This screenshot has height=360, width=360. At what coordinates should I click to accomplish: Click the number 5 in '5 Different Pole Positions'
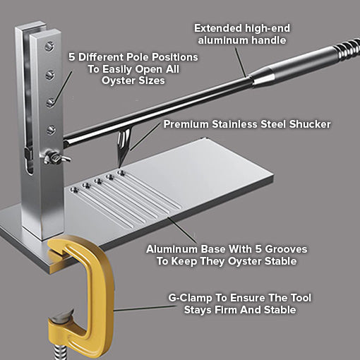click(73, 56)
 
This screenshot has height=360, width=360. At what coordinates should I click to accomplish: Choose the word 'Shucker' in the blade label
click(307, 124)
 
